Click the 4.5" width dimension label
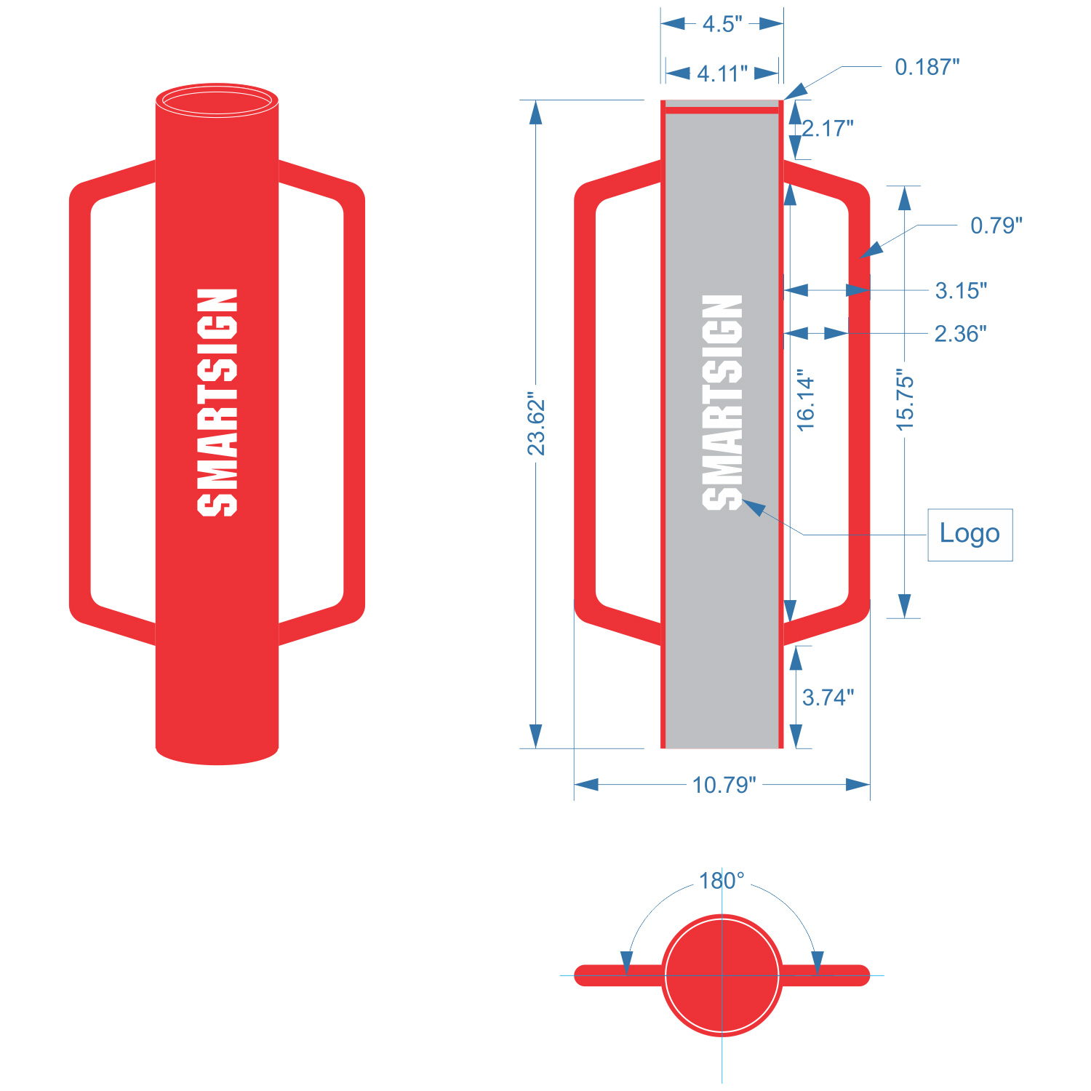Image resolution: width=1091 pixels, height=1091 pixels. (722, 24)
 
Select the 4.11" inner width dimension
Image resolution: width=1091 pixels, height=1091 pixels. (722, 73)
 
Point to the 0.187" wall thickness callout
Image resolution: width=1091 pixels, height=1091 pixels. (927, 67)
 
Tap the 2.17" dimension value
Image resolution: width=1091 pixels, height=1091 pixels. (828, 129)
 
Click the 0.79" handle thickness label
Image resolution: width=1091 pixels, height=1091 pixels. (996, 225)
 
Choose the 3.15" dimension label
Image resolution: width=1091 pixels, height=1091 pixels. (961, 291)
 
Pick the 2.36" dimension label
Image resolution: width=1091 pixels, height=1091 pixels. (960, 334)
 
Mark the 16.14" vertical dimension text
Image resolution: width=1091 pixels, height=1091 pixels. (806, 404)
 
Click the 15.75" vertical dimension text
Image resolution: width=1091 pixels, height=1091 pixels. (905, 400)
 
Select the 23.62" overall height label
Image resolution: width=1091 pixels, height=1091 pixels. (536, 425)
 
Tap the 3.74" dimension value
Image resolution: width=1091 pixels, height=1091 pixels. (828, 698)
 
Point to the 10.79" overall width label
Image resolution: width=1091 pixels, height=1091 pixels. (724, 785)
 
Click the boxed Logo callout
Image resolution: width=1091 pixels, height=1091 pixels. (970, 534)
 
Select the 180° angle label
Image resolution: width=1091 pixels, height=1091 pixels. (722, 881)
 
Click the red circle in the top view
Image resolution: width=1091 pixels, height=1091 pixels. (722, 975)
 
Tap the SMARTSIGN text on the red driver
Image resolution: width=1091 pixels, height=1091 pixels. (217, 402)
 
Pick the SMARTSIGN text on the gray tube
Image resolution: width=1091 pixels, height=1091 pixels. (722, 402)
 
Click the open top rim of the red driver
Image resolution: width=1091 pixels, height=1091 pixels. (217, 100)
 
